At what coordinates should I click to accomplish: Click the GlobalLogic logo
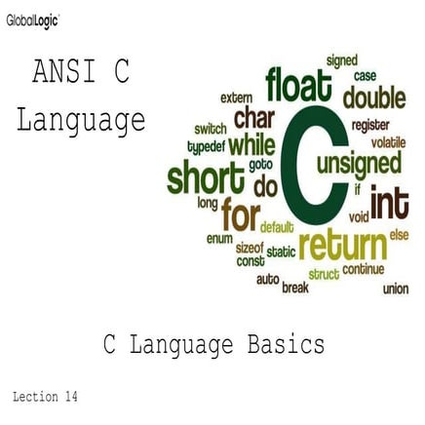pos(31,19)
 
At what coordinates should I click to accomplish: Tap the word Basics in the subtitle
pos(283,344)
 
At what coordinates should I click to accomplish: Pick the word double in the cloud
pos(373,97)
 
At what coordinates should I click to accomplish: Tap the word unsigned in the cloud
pos(360,162)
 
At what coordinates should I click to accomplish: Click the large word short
pos(207,179)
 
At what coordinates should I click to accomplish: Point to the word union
pos(396,289)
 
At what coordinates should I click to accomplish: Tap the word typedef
pos(206,146)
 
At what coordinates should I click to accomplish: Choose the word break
pos(294,288)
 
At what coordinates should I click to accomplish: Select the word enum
pos(218,238)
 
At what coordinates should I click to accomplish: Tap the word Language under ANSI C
pos(81,121)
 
